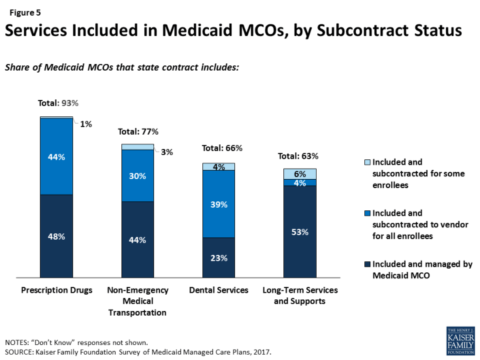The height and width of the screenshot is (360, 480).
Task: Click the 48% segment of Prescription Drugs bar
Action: pos(56,236)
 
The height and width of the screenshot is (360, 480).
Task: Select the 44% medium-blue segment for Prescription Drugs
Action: pos(56,157)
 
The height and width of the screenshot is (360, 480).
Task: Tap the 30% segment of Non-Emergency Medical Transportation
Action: pos(138,175)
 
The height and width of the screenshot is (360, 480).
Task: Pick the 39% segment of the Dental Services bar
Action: pos(219,204)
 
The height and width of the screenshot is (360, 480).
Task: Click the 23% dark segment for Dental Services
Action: pos(219,257)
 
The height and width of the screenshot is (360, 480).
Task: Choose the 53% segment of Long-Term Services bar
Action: pos(300,231)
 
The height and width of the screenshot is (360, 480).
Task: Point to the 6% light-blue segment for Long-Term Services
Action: pos(300,174)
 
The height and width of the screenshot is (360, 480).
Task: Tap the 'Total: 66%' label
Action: pos(222,148)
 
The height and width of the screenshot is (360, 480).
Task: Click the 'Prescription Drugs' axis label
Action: pos(56,290)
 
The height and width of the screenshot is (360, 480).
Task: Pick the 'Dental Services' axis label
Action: pos(219,290)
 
